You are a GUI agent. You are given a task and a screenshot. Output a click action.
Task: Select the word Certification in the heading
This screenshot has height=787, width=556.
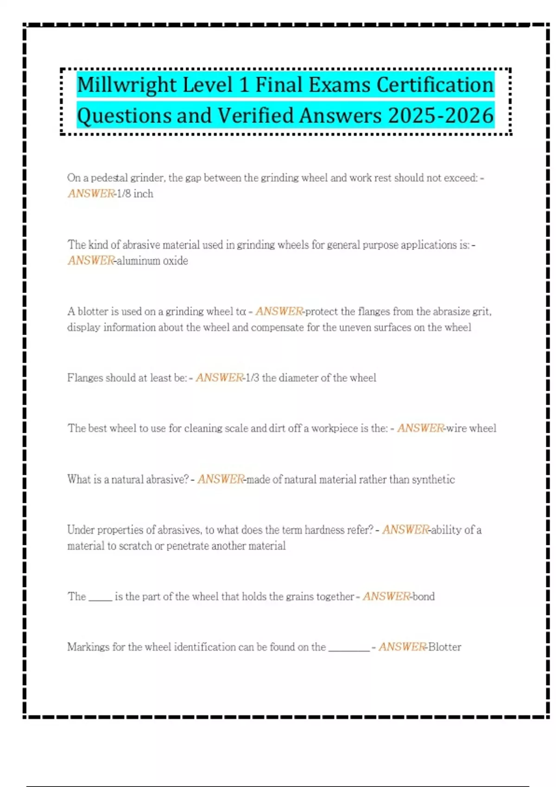(x=435, y=85)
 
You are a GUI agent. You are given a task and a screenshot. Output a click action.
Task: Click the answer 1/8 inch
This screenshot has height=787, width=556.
(x=135, y=194)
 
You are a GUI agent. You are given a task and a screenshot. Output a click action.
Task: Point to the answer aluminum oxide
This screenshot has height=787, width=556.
(x=152, y=261)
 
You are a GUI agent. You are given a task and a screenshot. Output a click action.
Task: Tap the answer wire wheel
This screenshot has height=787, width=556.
(x=471, y=428)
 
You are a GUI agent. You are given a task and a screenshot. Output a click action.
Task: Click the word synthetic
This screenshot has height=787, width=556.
(x=433, y=479)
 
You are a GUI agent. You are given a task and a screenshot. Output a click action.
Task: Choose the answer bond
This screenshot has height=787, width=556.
(x=423, y=596)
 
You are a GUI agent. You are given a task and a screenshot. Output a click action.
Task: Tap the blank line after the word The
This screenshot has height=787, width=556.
(x=100, y=598)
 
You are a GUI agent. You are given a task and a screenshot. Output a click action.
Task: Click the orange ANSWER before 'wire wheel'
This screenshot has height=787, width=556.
(x=420, y=428)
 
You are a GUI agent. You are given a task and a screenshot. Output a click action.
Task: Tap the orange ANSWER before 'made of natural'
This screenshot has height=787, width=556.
(x=221, y=479)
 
